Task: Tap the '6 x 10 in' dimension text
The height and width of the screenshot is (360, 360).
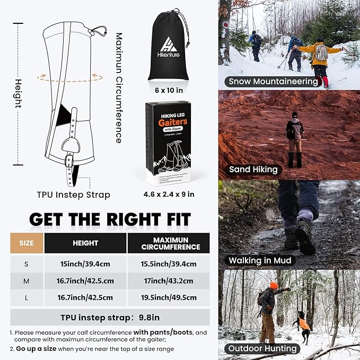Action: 168,89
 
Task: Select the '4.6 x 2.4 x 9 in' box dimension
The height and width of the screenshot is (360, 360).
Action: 169,194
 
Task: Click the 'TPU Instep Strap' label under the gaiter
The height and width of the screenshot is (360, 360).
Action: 74,195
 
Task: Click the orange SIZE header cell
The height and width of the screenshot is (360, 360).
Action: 26,243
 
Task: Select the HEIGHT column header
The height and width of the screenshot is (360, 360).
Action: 85,243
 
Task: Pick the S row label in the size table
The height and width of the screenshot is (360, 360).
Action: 26,263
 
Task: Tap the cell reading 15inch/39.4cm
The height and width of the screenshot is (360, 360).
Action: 85,263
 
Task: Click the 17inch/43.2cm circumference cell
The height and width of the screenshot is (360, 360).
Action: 168,280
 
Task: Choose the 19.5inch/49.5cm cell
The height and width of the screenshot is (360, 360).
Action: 168,298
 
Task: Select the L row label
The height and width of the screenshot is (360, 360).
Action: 26,298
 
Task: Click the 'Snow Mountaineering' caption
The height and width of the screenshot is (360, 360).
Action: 274,82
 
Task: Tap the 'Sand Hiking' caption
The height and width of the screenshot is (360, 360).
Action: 253,170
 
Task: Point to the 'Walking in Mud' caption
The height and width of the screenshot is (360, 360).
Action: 260,261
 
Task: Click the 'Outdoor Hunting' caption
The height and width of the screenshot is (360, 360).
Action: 262,348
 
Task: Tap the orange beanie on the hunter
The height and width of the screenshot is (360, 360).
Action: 274,285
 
